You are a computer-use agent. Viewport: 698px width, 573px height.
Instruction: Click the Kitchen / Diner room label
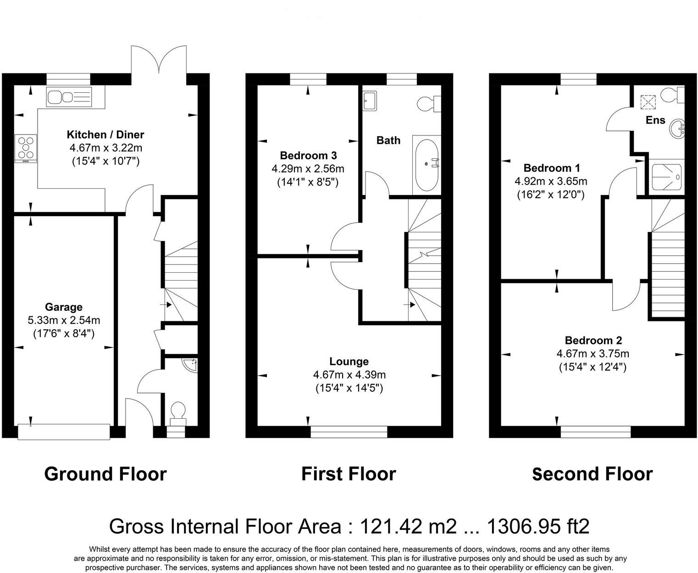coord(105,135)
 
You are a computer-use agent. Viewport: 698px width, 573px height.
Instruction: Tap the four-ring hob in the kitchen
coord(26,148)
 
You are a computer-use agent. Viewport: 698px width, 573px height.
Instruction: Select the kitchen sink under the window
coord(69,97)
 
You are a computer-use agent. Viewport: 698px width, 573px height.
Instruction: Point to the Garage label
coord(64,307)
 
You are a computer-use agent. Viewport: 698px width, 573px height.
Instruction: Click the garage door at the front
coord(64,432)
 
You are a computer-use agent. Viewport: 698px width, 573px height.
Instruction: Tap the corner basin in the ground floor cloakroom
coord(191,365)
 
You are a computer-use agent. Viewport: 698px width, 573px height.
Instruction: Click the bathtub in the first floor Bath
coord(427,165)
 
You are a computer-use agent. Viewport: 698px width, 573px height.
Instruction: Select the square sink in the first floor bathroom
coord(370,101)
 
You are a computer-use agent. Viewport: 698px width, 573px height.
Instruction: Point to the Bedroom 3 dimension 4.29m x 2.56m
coord(308,169)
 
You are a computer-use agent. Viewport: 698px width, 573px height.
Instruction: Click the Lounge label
coord(349,361)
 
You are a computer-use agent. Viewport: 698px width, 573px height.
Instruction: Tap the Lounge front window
coord(349,432)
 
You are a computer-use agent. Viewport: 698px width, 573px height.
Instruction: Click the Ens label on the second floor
coord(655,120)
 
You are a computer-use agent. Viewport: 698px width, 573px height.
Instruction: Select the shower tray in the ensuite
coord(666,177)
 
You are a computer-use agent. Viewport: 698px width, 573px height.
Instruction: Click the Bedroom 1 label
coord(552,168)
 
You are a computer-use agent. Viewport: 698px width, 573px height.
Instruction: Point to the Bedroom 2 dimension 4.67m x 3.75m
coord(593,354)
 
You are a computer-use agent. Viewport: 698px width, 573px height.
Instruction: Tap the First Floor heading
coord(349,474)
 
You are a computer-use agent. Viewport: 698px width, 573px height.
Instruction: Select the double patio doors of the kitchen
coord(159,60)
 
